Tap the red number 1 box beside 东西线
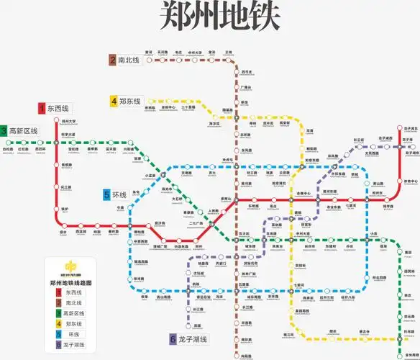tap(42, 109)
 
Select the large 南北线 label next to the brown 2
tap(129, 60)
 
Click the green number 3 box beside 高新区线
tap(4, 131)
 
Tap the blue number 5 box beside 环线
tap(106, 195)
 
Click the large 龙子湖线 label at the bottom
tap(192, 339)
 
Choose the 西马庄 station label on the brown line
tap(247, 72)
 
